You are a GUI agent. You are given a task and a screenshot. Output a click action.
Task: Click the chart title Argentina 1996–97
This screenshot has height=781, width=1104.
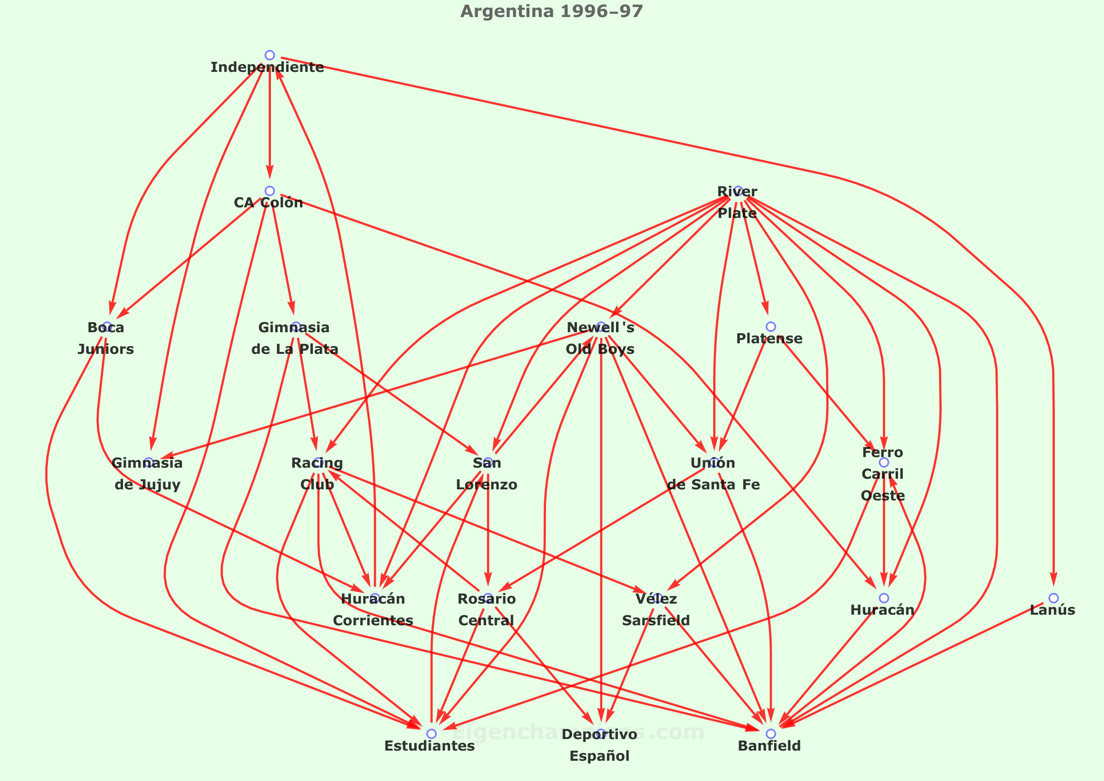[551, 11]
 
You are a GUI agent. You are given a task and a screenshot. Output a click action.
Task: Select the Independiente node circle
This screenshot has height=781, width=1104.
[270, 55]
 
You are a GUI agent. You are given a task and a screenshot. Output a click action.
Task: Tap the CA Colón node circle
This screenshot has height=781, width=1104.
[270, 191]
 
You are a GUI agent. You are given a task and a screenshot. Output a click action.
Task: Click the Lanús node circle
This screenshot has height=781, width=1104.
[1053, 598]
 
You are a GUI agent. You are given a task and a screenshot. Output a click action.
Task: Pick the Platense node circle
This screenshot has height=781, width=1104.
[771, 327]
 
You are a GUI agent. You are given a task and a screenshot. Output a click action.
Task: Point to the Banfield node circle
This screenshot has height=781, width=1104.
[771, 734]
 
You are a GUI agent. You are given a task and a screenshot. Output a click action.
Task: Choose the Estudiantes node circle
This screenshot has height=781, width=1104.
[432, 734]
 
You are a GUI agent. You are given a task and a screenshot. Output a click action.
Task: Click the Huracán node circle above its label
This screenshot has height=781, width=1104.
[884, 598]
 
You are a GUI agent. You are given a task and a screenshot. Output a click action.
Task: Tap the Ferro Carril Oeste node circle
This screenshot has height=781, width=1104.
[884, 462]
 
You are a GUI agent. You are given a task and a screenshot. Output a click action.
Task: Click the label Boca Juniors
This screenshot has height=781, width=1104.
[106, 338]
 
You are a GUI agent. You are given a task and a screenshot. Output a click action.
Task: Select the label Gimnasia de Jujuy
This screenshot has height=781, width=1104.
[147, 474]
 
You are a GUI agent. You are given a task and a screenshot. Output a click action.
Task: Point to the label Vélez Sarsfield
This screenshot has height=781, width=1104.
[656, 609]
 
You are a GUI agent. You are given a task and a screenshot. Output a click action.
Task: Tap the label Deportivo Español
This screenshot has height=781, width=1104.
[599, 745]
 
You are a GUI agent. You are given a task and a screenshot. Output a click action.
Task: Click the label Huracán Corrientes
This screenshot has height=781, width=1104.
[373, 609]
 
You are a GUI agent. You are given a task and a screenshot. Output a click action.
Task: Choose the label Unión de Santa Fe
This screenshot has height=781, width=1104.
[713, 474]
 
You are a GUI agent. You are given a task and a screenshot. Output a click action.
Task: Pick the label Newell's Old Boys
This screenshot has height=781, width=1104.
[600, 338]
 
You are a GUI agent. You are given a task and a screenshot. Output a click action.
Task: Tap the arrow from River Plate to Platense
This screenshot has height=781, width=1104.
[754, 260]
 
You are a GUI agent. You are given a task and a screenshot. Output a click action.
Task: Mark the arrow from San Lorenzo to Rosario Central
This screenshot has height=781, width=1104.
[488, 529]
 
